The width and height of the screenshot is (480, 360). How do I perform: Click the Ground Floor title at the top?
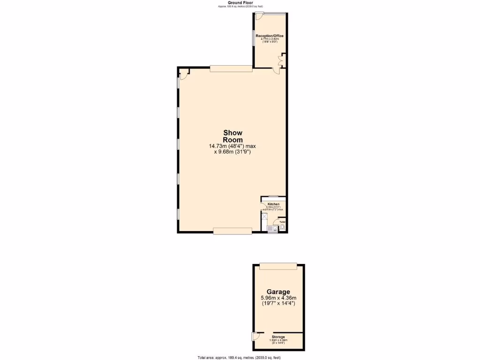tap(240, 3)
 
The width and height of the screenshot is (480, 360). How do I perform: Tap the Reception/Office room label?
tap(270, 36)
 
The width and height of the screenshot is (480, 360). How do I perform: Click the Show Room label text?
tap(232, 136)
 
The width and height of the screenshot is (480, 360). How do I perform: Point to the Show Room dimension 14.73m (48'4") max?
tap(232, 146)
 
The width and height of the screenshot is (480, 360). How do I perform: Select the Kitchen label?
tap(273, 204)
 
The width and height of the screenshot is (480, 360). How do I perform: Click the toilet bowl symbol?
tap(282, 227)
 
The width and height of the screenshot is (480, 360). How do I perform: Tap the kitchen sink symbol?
tap(272, 229)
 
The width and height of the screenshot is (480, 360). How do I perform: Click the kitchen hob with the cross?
tap(264, 217)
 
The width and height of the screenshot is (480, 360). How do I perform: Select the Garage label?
tap(278, 292)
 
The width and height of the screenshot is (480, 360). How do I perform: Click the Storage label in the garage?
tap(278, 337)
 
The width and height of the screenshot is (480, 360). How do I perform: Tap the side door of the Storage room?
tap(254, 337)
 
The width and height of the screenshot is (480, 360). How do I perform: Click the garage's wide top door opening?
tap(278, 266)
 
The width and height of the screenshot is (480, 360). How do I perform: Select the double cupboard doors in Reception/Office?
tap(280, 60)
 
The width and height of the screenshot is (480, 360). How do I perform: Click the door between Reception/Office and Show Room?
tap(277, 70)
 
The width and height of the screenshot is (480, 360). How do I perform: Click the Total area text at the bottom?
tap(239, 358)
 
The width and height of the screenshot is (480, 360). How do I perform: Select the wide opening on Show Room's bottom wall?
tap(232, 230)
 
